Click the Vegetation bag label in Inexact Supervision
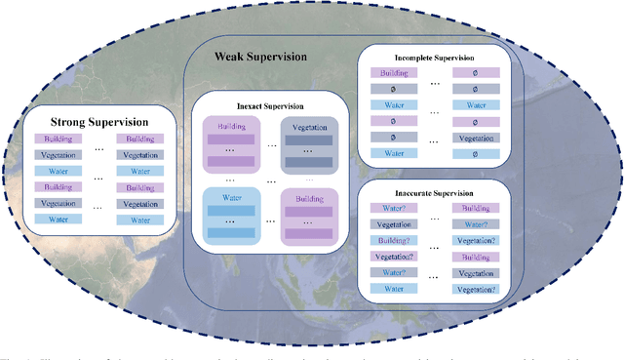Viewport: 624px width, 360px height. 310,126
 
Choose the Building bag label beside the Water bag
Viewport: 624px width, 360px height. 310,197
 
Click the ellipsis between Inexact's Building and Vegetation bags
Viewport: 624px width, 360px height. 269,144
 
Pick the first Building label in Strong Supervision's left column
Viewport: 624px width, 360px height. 56,139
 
